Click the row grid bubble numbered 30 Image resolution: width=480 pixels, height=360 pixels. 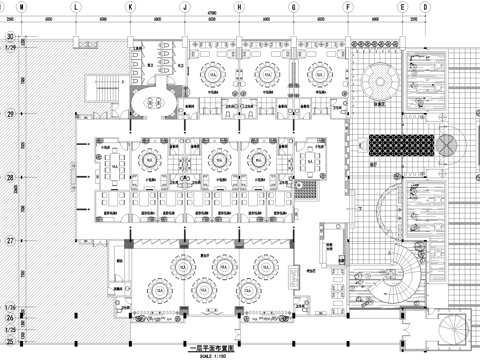(8, 38)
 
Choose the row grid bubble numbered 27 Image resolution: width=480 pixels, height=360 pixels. (8, 240)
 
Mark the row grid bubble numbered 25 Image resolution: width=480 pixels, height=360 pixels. (8, 327)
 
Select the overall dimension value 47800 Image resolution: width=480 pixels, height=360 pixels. (211, 14)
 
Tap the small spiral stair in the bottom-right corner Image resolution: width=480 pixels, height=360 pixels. (453, 327)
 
